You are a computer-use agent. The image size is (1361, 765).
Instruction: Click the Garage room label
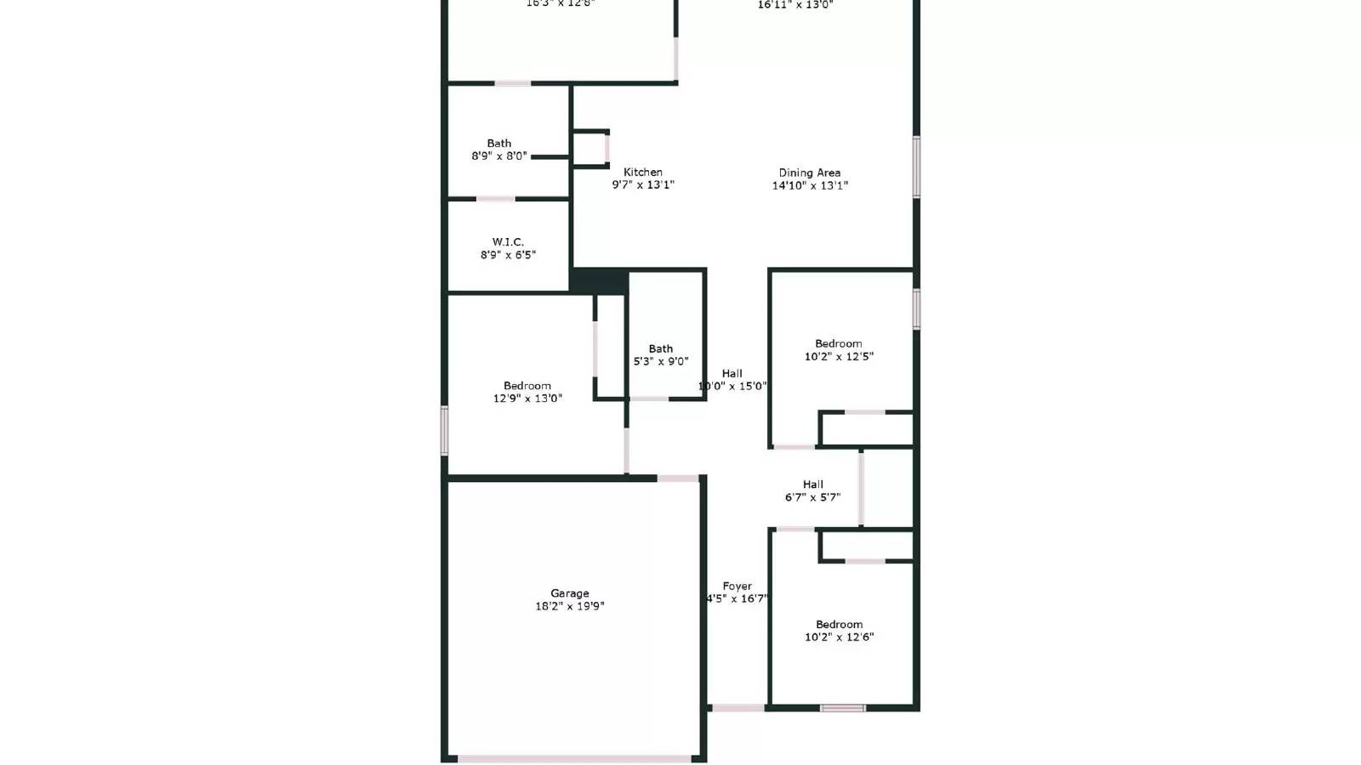(x=569, y=593)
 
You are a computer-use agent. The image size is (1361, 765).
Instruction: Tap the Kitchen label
(x=642, y=172)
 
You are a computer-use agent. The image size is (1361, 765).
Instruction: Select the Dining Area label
(x=809, y=173)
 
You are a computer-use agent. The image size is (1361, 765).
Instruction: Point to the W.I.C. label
(x=508, y=242)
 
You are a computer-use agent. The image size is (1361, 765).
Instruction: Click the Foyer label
(x=737, y=586)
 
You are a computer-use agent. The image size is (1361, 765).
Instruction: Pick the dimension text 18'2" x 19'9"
(x=569, y=607)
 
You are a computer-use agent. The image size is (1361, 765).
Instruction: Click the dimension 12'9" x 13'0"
(x=527, y=399)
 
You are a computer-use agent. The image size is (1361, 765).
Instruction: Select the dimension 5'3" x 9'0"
(x=661, y=361)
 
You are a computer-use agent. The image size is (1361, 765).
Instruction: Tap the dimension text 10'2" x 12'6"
(x=839, y=637)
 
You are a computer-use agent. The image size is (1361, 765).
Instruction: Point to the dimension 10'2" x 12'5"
(x=839, y=357)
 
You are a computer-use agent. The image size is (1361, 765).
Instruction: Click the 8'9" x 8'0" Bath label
(x=499, y=143)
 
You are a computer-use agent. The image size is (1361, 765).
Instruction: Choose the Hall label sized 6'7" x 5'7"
(x=812, y=484)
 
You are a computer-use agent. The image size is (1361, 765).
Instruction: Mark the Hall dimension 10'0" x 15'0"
(x=732, y=386)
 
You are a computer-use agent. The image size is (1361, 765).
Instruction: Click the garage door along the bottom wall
(x=574, y=758)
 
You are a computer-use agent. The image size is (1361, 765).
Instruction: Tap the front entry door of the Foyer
(x=737, y=707)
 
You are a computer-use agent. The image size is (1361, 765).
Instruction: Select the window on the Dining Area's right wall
(x=916, y=167)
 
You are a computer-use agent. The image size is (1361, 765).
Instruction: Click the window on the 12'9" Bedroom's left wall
(x=444, y=430)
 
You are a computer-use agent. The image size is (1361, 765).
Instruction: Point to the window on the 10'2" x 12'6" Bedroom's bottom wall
(x=842, y=708)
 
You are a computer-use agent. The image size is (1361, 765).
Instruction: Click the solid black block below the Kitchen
(x=599, y=281)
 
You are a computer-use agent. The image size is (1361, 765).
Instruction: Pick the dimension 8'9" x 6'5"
(x=508, y=255)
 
